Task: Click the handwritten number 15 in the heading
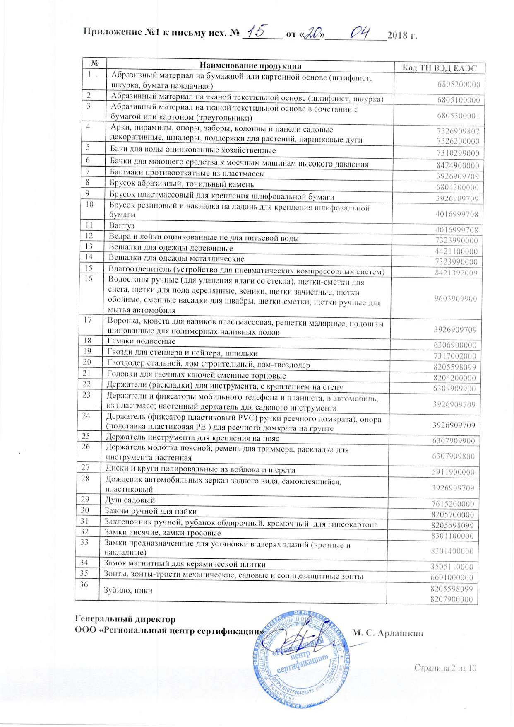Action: tap(259, 31)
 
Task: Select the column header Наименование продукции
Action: tap(250, 65)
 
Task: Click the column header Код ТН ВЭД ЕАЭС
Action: tap(440, 68)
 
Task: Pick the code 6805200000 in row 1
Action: tap(459, 85)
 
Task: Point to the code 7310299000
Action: tap(458, 153)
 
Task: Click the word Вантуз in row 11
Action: tap(122, 226)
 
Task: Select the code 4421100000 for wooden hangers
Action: tap(456, 251)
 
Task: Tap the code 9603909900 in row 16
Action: tap(455, 299)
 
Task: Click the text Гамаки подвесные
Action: tap(141, 341)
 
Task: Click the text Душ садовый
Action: tap(130, 500)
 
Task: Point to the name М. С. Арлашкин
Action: tap(387, 633)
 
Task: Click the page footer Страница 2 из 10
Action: tap(445, 668)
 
